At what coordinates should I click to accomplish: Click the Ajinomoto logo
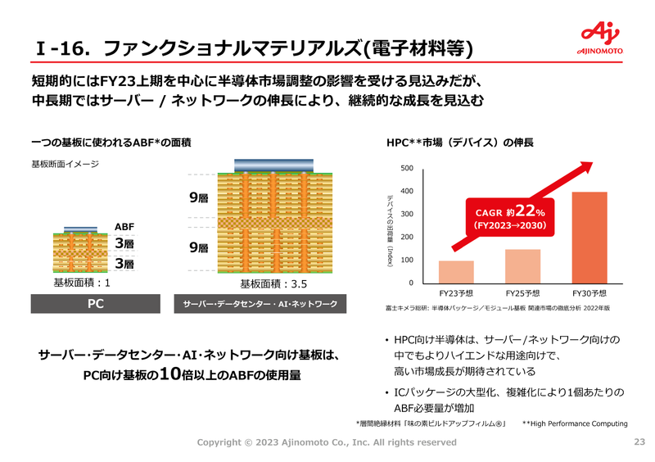click(600, 38)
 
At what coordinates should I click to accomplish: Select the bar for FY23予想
click(456, 272)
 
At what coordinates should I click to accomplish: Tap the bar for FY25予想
click(522, 266)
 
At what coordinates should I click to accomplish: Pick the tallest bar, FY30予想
click(589, 238)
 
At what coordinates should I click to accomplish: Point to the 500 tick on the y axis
click(407, 168)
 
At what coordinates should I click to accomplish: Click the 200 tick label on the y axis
click(407, 237)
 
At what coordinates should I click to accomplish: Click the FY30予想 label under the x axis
click(589, 293)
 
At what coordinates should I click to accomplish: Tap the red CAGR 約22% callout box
click(510, 217)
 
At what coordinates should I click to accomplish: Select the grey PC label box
click(96, 304)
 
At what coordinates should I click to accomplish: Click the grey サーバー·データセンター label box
click(260, 304)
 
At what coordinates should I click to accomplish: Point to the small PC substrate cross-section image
click(80, 250)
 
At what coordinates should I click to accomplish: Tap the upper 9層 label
click(199, 197)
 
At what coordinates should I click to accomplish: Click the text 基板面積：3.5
click(273, 284)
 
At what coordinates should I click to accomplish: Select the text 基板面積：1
click(82, 283)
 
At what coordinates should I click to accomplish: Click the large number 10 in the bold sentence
click(170, 374)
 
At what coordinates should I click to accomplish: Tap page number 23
click(639, 442)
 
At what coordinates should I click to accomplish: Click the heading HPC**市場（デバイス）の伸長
click(460, 143)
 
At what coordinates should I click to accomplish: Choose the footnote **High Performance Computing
click(575, 423)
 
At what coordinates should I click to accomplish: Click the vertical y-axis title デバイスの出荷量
click(390, 231)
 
